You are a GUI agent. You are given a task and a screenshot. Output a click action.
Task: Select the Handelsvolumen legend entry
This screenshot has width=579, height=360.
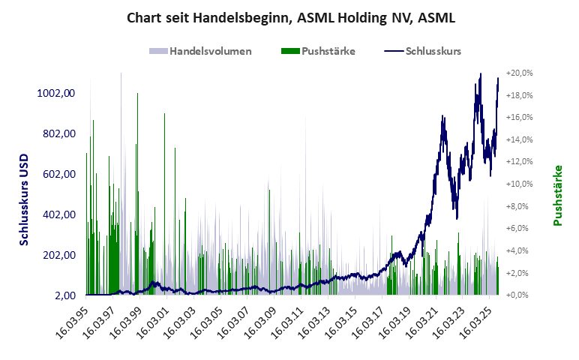tap(200, 51)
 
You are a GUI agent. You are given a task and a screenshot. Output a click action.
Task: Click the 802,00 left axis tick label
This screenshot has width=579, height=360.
tap(58, 133)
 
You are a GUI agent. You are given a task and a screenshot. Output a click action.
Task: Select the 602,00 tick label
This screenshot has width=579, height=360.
tap(58, 174)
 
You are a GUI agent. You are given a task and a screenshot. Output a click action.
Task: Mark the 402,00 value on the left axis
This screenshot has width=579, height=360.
tap(58, 214)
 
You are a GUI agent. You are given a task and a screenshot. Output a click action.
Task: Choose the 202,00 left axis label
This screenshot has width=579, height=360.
tap(58, 255)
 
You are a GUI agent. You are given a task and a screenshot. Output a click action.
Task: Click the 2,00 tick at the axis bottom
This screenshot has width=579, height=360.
tap(64, 295)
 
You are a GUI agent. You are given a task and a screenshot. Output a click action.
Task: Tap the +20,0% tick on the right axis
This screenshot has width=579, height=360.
tap(519, 73)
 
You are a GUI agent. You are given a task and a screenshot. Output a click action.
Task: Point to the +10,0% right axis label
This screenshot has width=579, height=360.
tap(519, 184)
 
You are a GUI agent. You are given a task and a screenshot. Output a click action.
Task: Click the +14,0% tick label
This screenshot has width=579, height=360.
tap(519, 140)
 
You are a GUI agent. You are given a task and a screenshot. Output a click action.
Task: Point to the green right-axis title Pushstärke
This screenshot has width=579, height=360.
tap(558, 195)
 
